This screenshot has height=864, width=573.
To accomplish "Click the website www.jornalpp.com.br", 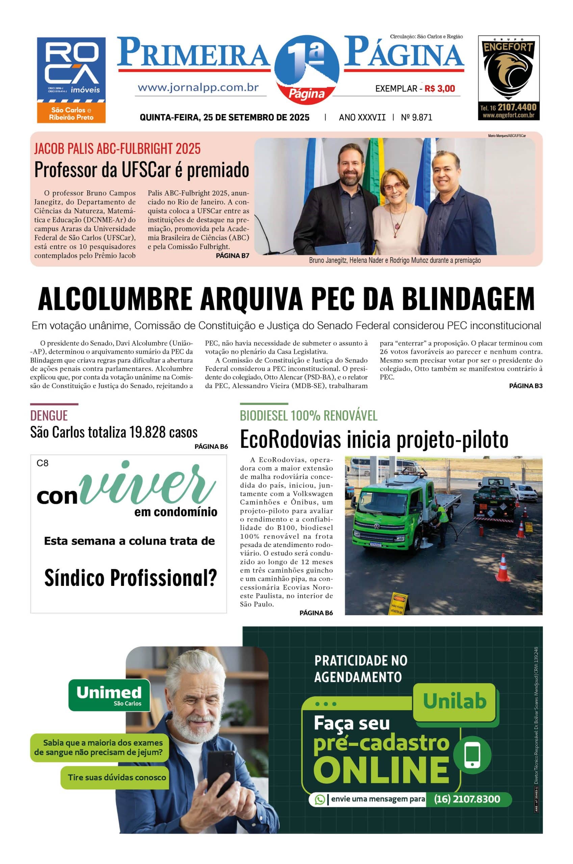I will [198, 88].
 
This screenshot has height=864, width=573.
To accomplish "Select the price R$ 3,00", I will [440, 88].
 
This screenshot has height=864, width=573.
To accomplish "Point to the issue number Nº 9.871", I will [416, 117].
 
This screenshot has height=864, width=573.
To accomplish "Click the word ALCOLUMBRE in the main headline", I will [115, 299].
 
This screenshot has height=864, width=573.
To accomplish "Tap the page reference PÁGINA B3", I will [525, 386].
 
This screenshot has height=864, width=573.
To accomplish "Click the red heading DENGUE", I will [49, 415].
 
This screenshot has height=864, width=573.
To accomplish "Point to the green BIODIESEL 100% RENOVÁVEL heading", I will [308, 415].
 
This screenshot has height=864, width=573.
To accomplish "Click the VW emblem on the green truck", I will [376, 526].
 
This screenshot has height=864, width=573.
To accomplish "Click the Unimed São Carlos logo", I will [109, 695].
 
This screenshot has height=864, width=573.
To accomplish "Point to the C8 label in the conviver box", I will [43, 463].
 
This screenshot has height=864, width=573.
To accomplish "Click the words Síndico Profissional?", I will [130, 578].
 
